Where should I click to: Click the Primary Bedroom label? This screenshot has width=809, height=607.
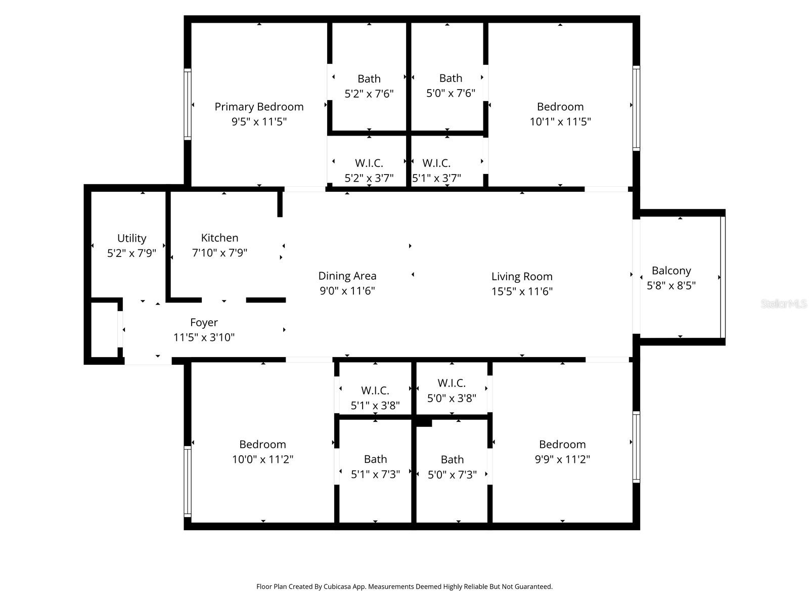tap(259, 107)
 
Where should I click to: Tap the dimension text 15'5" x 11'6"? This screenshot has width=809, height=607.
tap(522, 291)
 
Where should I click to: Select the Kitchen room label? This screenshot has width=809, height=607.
tap(219, 238)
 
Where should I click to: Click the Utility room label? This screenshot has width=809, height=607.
tap(131, 238)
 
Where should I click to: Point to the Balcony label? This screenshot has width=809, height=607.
tap(671, 271)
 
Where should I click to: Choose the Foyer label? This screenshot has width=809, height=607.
tap(204, 323)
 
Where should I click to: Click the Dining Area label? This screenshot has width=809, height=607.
tap(347, 276)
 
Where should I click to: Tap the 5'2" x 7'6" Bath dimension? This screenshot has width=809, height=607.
tap(369, 94)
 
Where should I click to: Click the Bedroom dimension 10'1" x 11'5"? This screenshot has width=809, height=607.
tap(560, 122)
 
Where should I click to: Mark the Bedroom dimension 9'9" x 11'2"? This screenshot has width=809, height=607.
tap(562, 459)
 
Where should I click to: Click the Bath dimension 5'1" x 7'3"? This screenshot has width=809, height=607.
tap(375, 474)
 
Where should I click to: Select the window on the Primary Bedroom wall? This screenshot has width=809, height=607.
tap(188, 104)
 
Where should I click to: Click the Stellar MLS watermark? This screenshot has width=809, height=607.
tap(783, 304)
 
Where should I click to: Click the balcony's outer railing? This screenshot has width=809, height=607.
tap(723, 277)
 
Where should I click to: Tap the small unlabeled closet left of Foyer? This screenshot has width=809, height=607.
tap(104, 330)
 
